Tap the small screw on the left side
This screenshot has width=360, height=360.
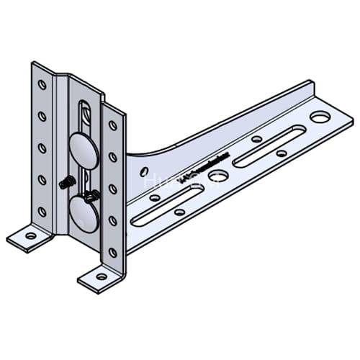coord(65,183)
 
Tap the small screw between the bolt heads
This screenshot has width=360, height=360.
coord(92,194)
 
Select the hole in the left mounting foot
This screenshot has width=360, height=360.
coord(30,235)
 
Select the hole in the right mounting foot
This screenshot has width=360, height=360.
coord(102,276)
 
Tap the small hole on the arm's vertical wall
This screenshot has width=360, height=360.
coord(145,171)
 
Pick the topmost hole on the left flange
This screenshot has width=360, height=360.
coord(42,84)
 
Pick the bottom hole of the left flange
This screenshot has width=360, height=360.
coord(42,212)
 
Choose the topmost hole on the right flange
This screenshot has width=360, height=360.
coord(112,125)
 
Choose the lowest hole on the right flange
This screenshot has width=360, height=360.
coord(112,252)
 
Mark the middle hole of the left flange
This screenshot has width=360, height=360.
coord(42,148)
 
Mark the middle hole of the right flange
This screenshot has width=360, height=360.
coord(112,189)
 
